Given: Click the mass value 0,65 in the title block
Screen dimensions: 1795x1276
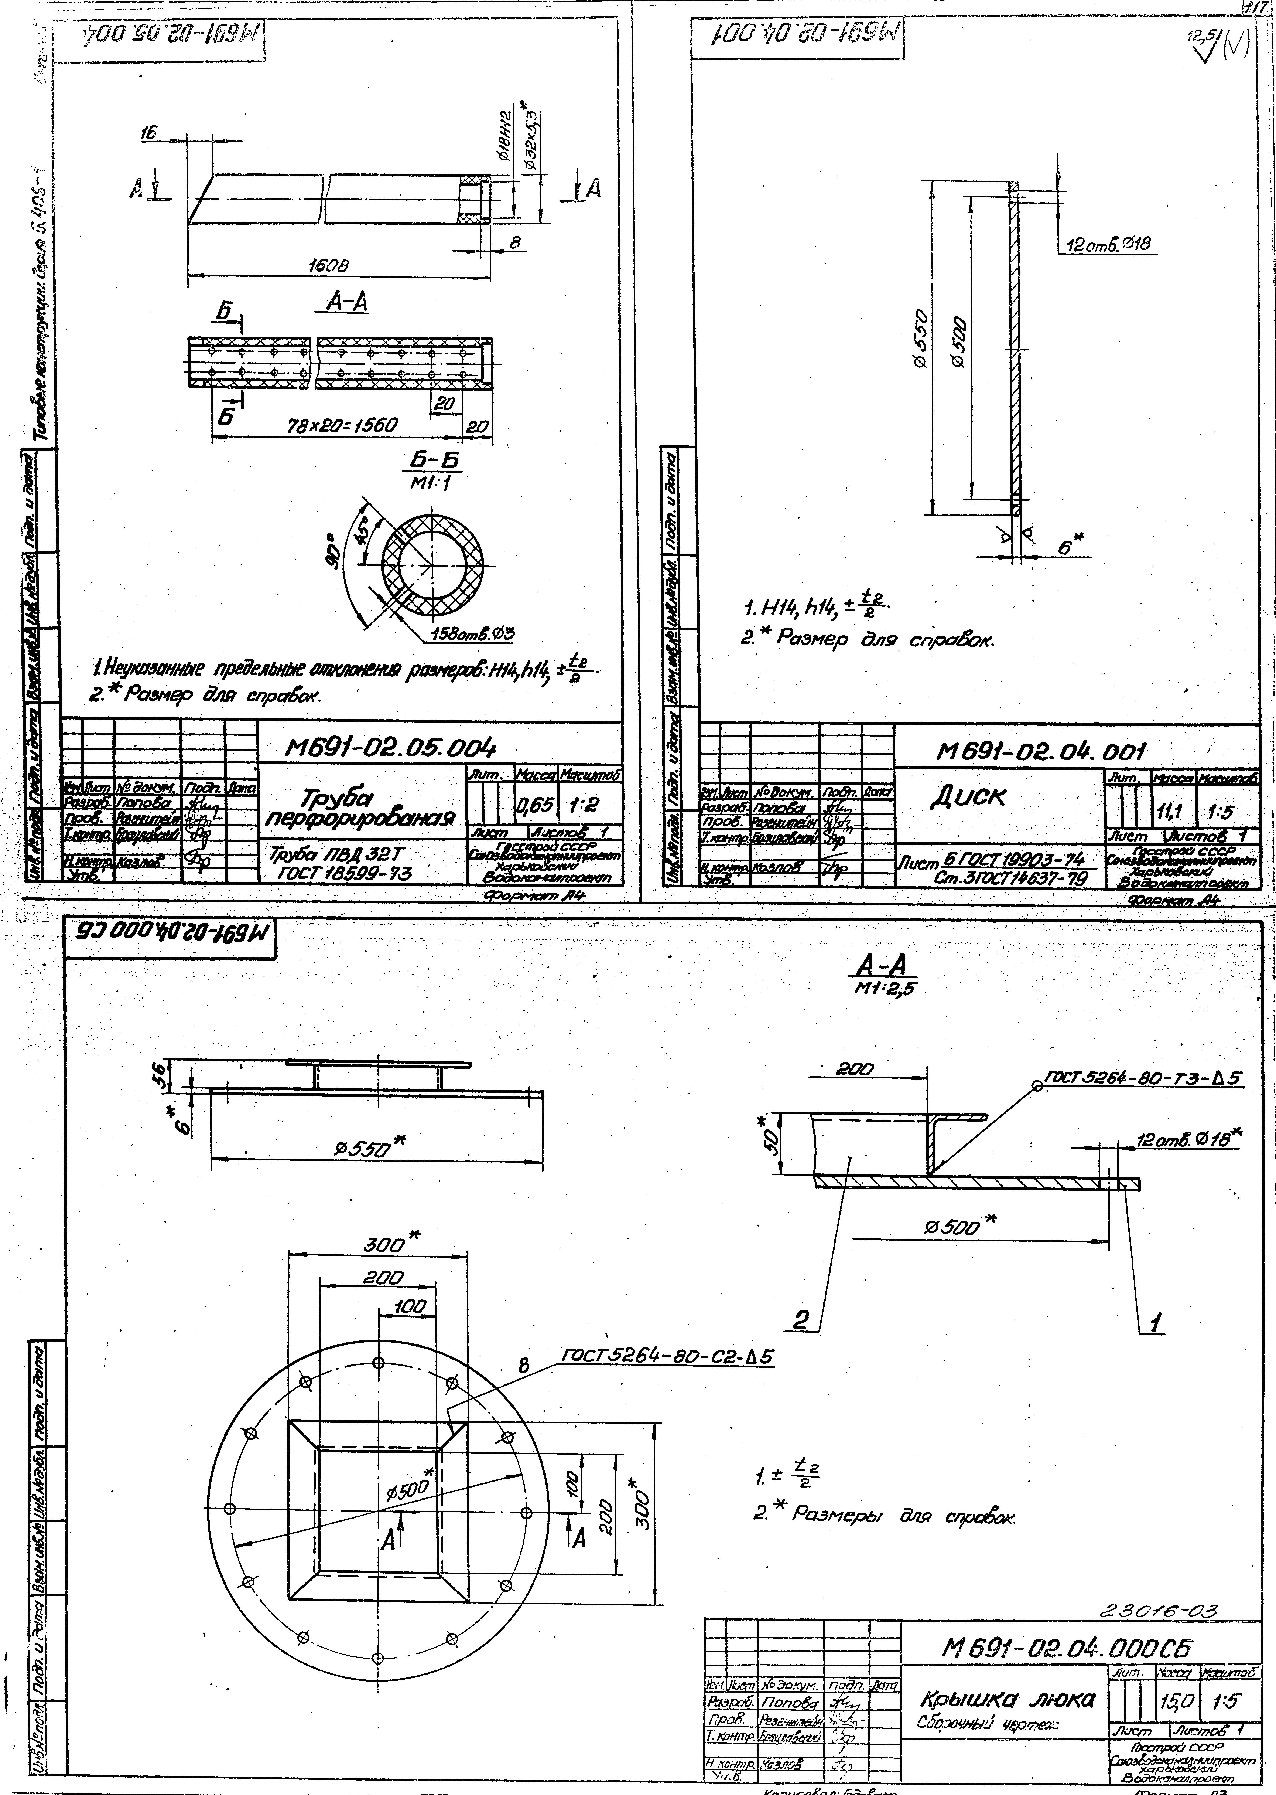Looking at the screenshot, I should [535, 804].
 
